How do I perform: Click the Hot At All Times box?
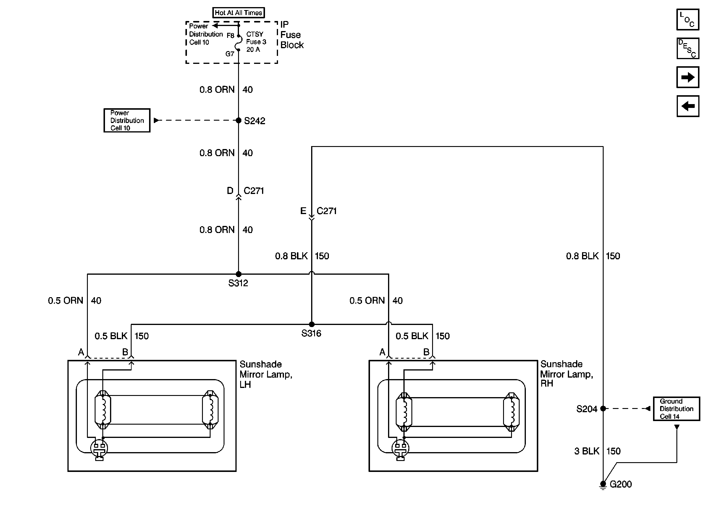click(x=238, y=12)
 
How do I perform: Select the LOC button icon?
click(x=688, y=20)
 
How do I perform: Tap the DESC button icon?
click(x=688, y=48)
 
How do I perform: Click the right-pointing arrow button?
click(x=688, y=77)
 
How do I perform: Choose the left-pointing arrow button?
click(x=688, y=106)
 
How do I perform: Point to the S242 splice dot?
click(x=238, y=120)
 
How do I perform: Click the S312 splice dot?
click(x=238, y=274)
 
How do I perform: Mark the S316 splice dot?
click(x=311, y=324)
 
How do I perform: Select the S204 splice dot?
click(x=603, y=409)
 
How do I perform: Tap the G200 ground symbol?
click(x=603, y=484)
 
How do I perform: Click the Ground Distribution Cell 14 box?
click(x=676, y=409)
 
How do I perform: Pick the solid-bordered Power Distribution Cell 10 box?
click(x=127, y=120)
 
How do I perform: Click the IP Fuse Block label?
click(x=292, y=35)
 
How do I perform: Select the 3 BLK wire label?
click(x=586, y=451)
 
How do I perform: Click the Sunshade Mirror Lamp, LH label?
click(x=266, y=374)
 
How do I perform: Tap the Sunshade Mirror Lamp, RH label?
click(x=566, y=374)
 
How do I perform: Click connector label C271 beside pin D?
click(x=254, y=191)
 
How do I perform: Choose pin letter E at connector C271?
click(x=303, y=211)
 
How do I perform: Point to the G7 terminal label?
click(x=230, y=54)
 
